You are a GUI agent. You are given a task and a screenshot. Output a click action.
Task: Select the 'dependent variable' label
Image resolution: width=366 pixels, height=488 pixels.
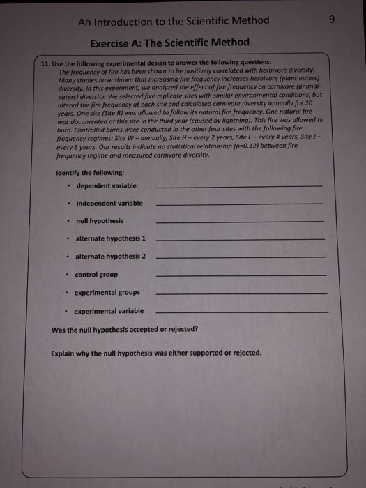(106, 185)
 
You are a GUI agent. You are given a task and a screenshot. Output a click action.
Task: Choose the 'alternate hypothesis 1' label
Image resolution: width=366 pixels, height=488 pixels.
(110, 239)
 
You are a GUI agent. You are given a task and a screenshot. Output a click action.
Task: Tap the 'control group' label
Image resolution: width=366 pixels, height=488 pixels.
(96, 275)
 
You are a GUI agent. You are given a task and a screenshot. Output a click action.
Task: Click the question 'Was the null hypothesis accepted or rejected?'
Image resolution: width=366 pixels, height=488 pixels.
(125, 329)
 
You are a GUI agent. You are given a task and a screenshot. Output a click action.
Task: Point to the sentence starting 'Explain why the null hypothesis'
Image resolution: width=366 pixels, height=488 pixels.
(157, 352)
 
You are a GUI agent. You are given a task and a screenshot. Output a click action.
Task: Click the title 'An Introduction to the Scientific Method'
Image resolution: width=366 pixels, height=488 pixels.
(174, 20)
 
